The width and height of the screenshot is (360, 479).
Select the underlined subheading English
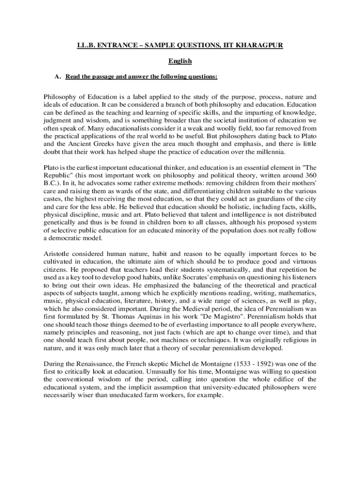[x=180, y=61]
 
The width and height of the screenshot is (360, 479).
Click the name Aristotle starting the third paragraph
[x=57, y=254]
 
